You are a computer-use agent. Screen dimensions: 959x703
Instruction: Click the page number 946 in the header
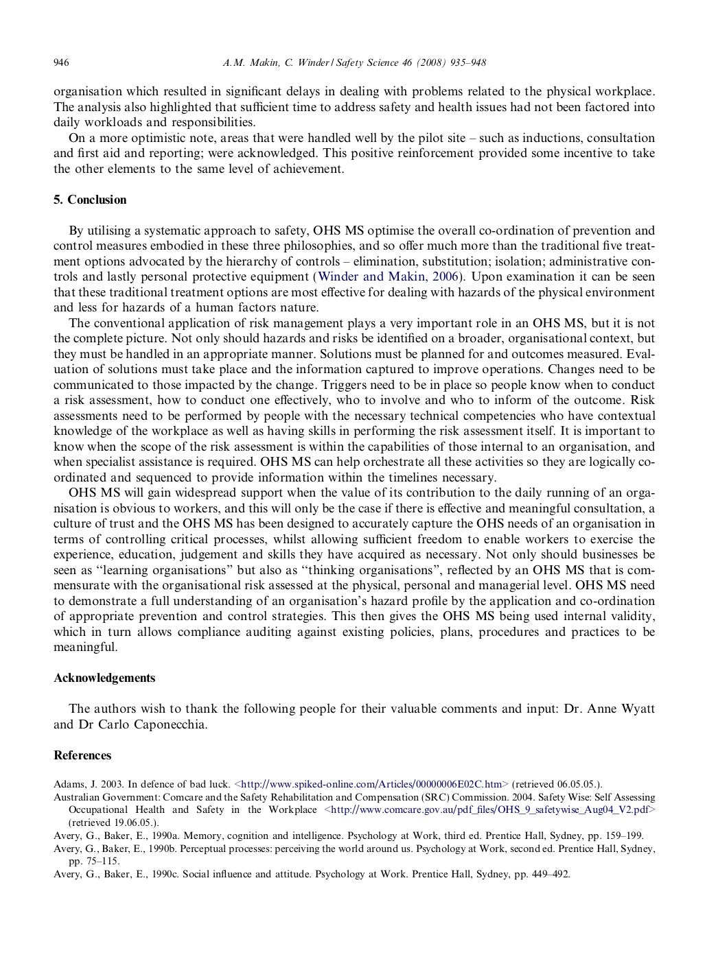coord(61,63)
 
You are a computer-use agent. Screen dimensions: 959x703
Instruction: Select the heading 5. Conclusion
coord(90,200)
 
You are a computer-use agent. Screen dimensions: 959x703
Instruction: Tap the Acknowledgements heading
coord(104,678)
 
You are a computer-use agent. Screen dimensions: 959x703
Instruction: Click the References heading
coord(82,755)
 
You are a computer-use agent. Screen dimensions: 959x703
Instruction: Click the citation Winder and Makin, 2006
coord(389,277)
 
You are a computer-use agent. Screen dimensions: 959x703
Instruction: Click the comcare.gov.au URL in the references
coord(489,809)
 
